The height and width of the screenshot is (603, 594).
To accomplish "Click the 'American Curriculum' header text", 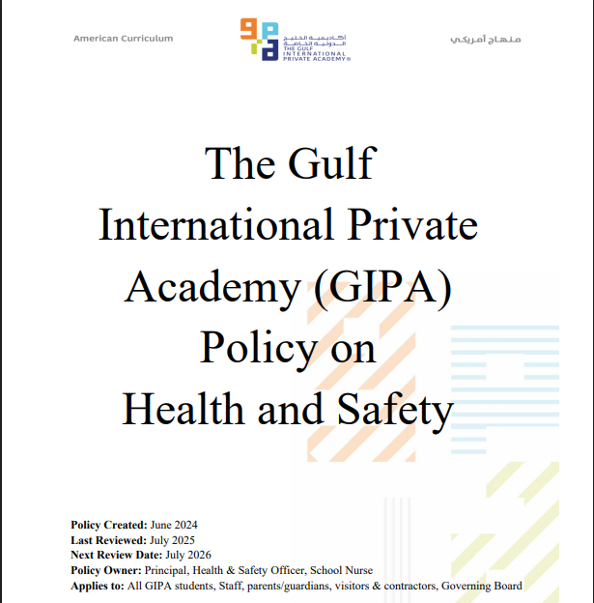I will click(x=123, y=39).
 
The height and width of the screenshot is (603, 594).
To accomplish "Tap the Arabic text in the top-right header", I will click(x=486, y=39).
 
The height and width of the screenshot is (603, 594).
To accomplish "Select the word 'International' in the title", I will click(x=216, y=225).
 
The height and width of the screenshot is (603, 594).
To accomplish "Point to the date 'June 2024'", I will click(x=174, y=525).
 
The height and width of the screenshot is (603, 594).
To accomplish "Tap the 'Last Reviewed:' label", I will click(x=108, y=540).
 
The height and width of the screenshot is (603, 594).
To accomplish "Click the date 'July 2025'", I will click(x=173, y=540).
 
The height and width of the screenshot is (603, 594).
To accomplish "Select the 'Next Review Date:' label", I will click(x=117, y=556).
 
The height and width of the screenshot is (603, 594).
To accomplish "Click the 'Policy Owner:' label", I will click(x=107, y=571).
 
